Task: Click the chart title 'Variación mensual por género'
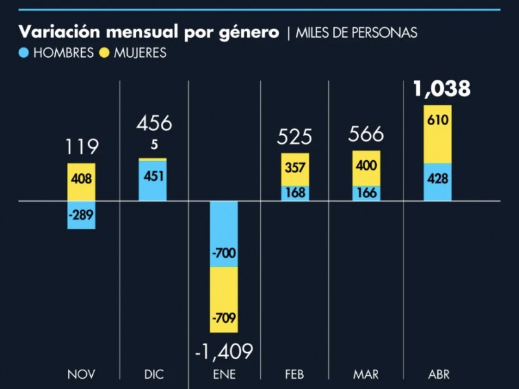[149, 32]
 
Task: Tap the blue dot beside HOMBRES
[24, 53]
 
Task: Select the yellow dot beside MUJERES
[104, 53]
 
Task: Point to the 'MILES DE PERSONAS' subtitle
[357, 33]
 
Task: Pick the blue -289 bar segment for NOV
[81, 215]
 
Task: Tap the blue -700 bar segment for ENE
[224, 233]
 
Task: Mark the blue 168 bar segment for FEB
[295, 193]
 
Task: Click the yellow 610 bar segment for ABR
[438, 134]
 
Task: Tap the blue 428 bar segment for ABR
[438, 182]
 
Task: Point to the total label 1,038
[441, 89]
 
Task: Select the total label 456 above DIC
[153, 124]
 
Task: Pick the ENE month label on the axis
[224, 375]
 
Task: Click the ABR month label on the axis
[439, 375]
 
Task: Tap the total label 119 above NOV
[81, 147]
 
